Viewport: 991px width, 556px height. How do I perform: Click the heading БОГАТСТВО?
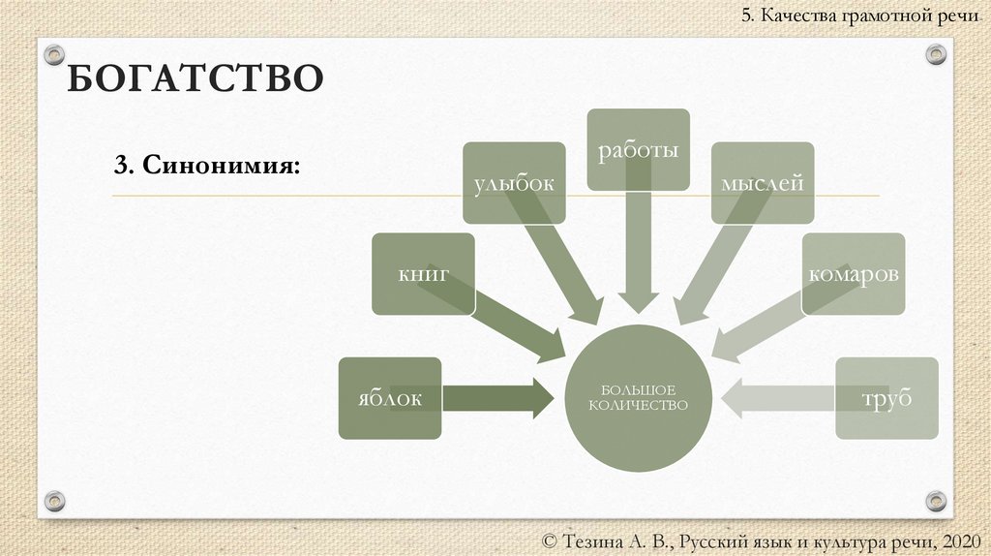click(194, 77)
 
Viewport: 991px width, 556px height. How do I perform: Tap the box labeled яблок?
click(389, 398)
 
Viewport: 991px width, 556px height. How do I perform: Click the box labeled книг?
click(423, 274)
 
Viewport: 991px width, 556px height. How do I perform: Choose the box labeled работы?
click(638, 149)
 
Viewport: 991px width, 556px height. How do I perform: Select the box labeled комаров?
click(854, 274)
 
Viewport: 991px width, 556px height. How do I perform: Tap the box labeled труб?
click(887, 398)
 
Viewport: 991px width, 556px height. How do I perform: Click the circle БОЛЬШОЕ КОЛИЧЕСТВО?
click(638, 397)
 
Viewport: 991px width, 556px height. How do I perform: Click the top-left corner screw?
click(55, 54)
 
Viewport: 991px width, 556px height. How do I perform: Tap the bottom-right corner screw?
click(935, 501)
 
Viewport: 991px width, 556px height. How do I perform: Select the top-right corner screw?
click(935, 54)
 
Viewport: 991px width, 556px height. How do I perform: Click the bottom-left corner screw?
click(55, 501)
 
